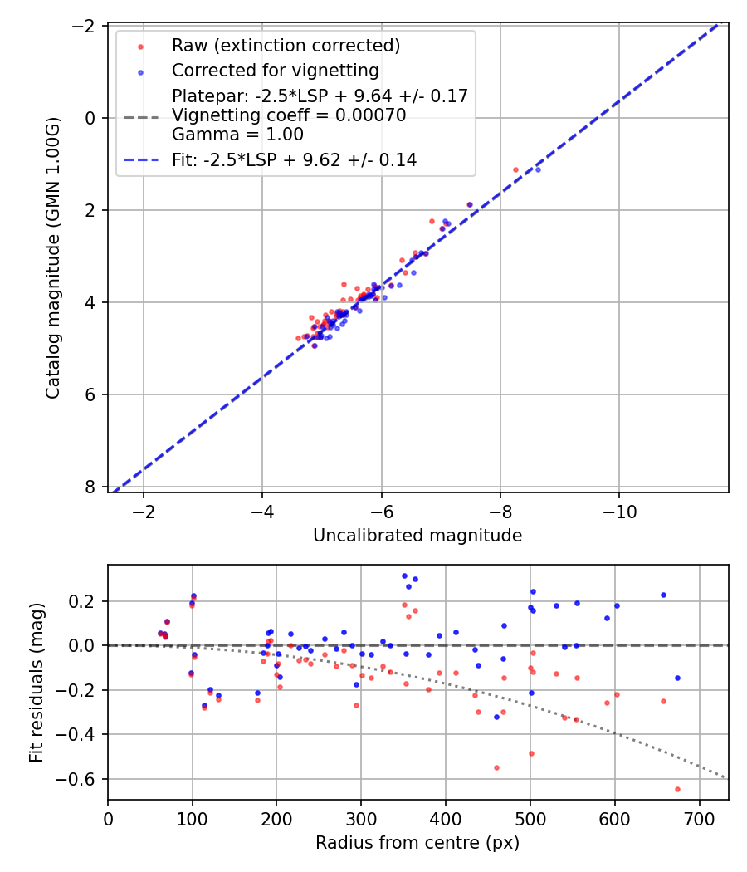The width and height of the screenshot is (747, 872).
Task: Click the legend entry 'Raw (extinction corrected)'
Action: pos(286,46)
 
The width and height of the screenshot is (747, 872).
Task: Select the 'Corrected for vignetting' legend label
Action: pos(275,71)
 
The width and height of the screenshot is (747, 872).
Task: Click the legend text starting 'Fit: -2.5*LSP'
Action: pos(294,160)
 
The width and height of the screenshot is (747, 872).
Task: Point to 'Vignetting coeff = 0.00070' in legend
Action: pos(289,115)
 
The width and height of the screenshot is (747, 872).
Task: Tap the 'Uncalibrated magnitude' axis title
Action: pos(417,536)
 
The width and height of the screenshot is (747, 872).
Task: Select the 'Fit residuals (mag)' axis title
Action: pos(37,683)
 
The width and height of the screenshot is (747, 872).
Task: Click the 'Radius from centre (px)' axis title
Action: pos(417,842)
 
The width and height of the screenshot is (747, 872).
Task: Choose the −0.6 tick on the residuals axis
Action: pos(83,779)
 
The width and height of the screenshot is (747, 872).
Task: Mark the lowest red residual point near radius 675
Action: pos(677,789)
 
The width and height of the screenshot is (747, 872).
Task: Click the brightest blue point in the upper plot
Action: pos(538,169)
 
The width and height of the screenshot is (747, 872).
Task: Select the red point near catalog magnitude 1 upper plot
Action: pos(515,169)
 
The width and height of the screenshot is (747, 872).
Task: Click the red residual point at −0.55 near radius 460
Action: pos(496,767)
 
